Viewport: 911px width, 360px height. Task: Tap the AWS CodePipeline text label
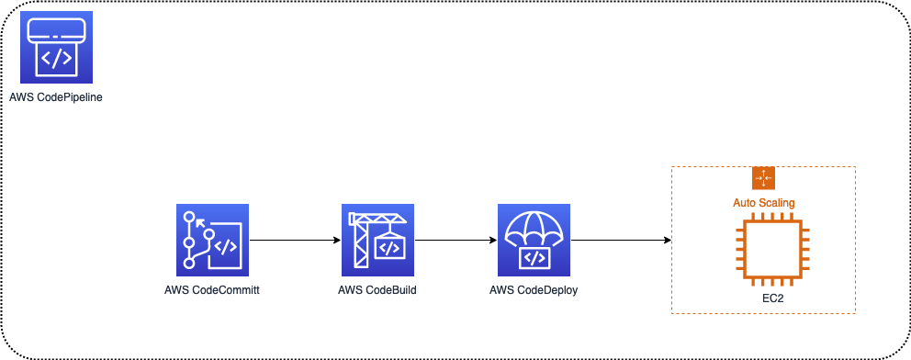[x=55, y=96]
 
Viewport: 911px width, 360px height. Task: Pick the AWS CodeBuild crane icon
[x=377, y=241]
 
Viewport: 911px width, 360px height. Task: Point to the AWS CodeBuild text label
[x=377, y=291]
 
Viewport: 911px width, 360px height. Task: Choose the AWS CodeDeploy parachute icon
[x=534, y=241]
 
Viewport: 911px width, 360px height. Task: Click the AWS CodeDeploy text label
[x=534, y=291]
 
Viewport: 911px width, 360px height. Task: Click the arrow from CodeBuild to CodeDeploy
[x=455, y=242]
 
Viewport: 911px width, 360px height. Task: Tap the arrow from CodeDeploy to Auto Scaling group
[x=620, y=242]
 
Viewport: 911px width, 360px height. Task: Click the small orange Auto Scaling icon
[x=764, y=178]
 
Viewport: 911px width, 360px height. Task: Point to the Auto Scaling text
[x=764, y=202]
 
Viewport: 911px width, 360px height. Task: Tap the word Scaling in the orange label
[x=777, y=202]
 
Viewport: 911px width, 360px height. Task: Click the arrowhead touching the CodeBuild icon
[x=335, y=242]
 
